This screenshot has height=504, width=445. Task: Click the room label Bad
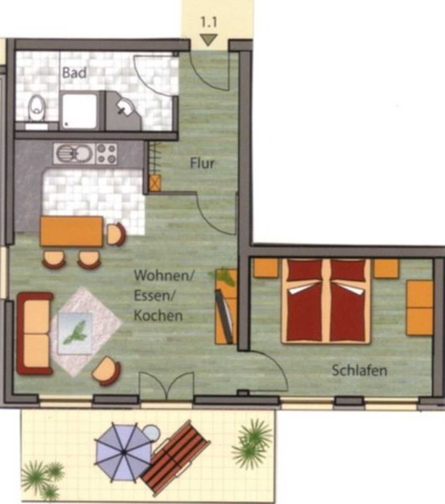click(x=74, y=73)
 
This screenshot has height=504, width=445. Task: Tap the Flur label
click(x=202, y=163)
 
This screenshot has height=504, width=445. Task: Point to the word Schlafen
click(x=359, y=370)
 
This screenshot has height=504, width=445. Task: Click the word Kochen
click(x=158, y=316)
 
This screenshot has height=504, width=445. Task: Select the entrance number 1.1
click(x=209, y=23)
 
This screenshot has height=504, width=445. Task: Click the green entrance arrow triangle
click(x=209, y=40)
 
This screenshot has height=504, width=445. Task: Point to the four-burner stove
click(x=107, y=153)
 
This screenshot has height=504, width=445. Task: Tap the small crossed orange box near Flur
click(x=155, y=183)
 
